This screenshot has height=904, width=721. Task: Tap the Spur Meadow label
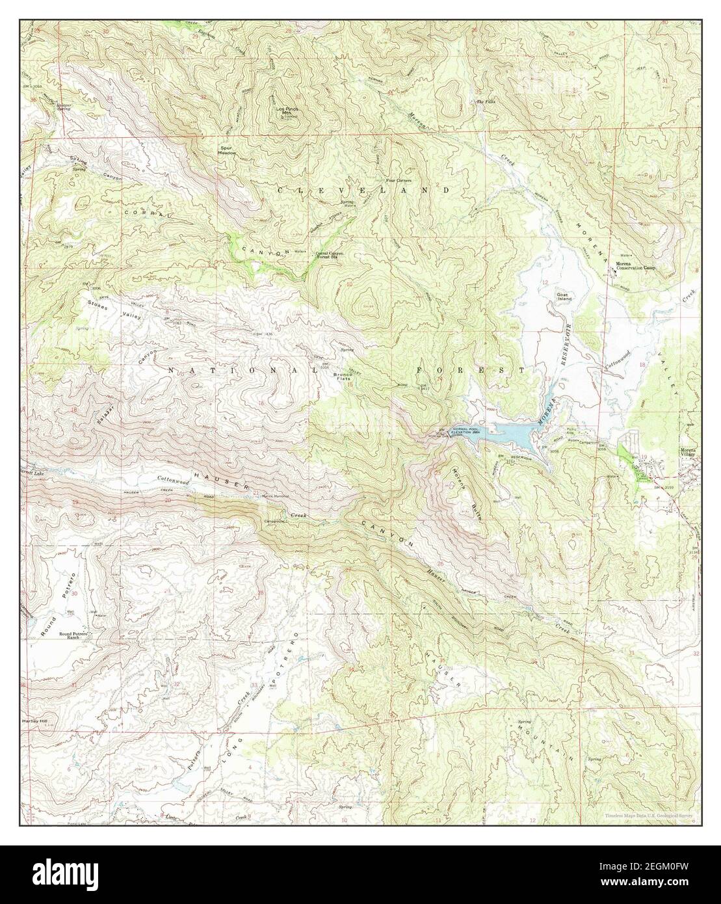[226, 150]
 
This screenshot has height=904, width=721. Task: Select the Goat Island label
[564, 296]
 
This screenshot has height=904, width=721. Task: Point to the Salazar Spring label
[46, 106]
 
